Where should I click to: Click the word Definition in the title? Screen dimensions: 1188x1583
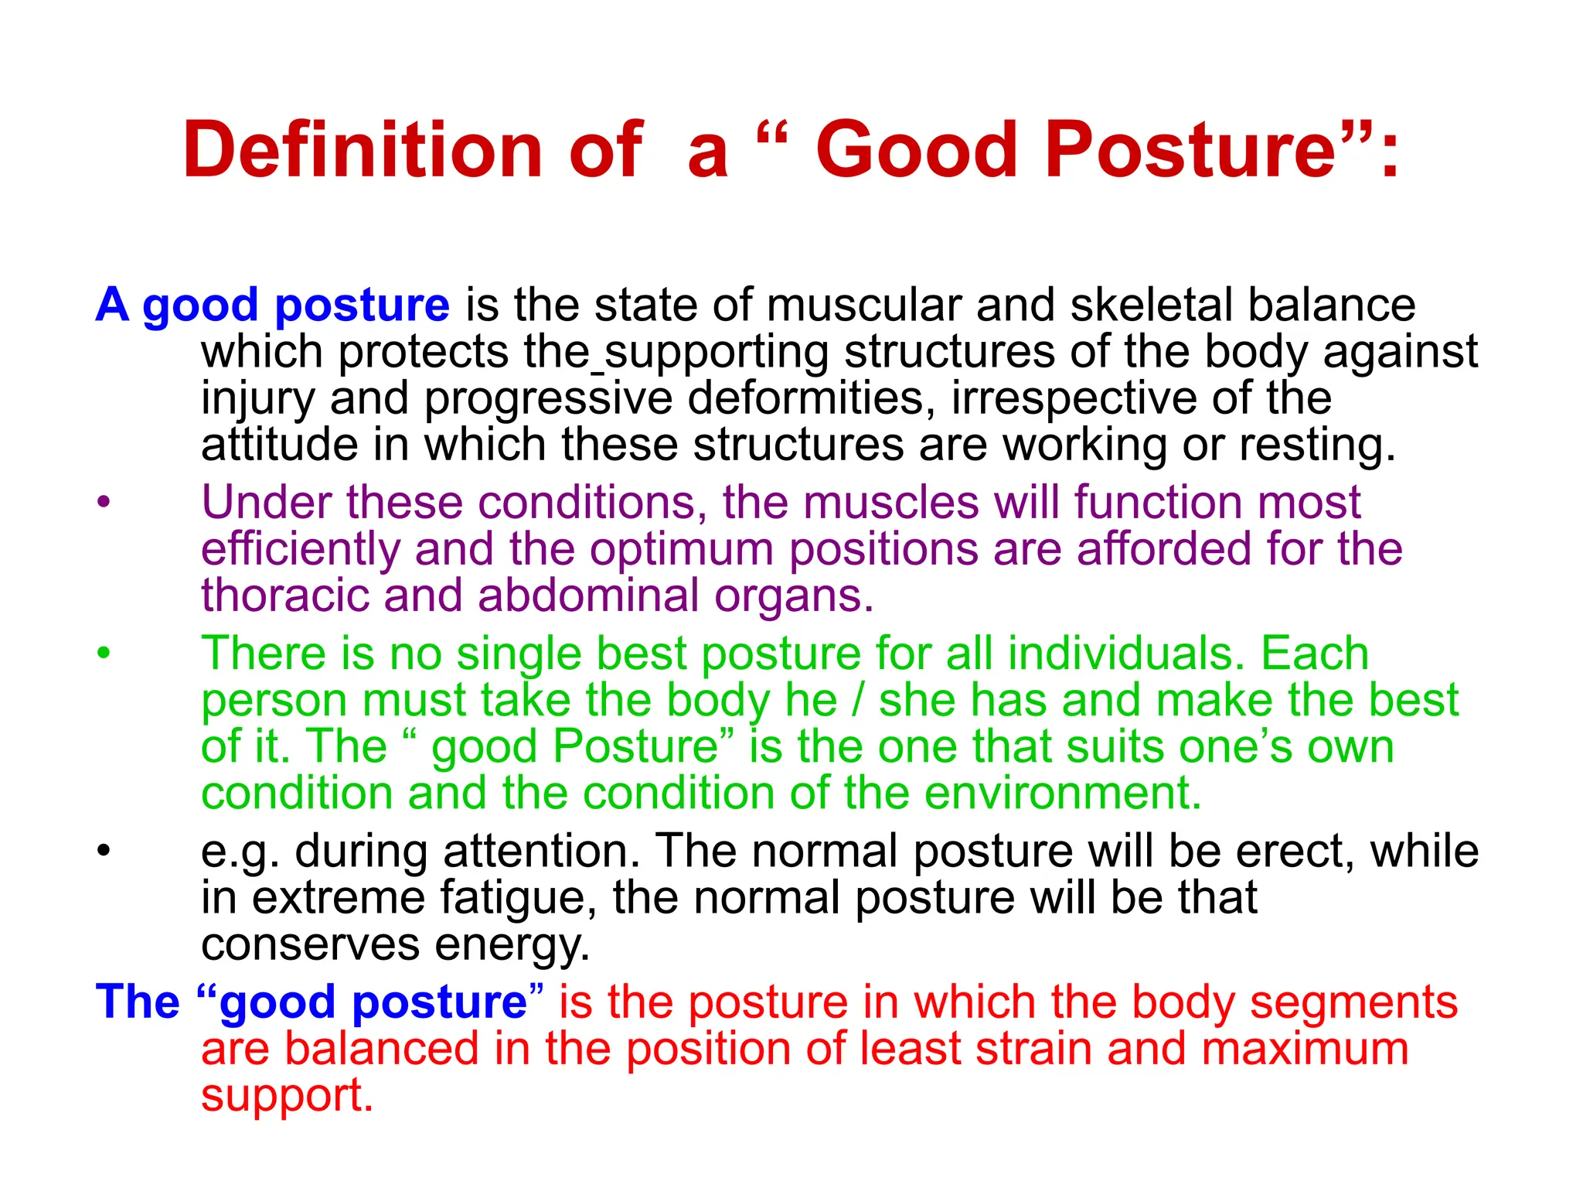coord(363,150)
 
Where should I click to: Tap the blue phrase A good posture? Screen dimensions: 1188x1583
coord(272,305)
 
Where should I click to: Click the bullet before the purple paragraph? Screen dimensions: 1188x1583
coord(104,503)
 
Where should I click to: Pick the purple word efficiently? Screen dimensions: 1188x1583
coord(300,549)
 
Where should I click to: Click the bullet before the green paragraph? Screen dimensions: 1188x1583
coord(104,654)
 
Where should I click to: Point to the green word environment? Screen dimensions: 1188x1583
coord(1063,794)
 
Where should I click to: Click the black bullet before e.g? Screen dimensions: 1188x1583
coord(104,852)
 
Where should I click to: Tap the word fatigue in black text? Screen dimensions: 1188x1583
coord(517,899)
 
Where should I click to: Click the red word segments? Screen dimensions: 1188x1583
coord(1353,1002)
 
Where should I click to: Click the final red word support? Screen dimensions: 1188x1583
coord(287,1097)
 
